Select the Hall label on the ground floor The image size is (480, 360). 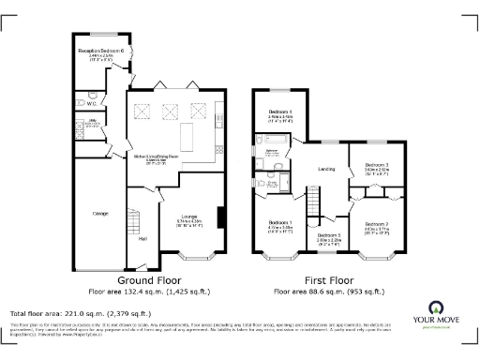point(143,238)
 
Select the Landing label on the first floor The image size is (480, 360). point(327,169)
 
